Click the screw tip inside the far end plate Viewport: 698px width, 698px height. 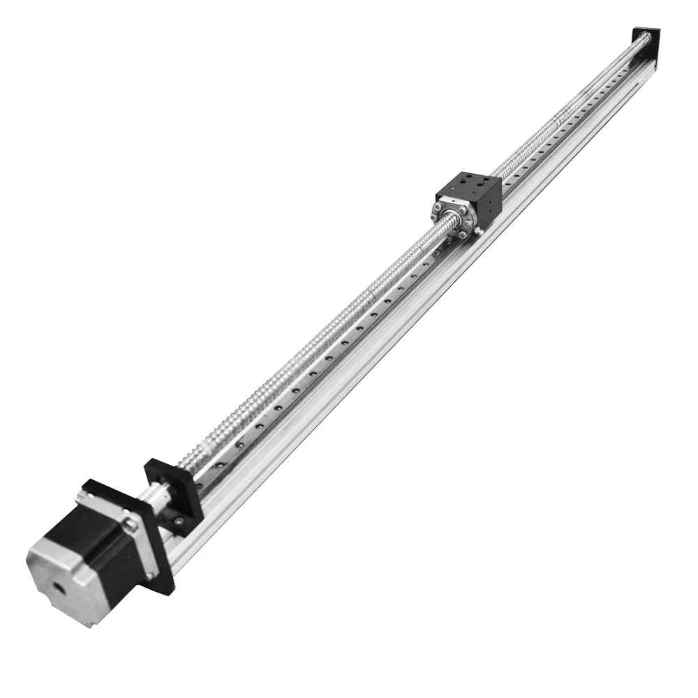pyautogui.click(x=642, y=40)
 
